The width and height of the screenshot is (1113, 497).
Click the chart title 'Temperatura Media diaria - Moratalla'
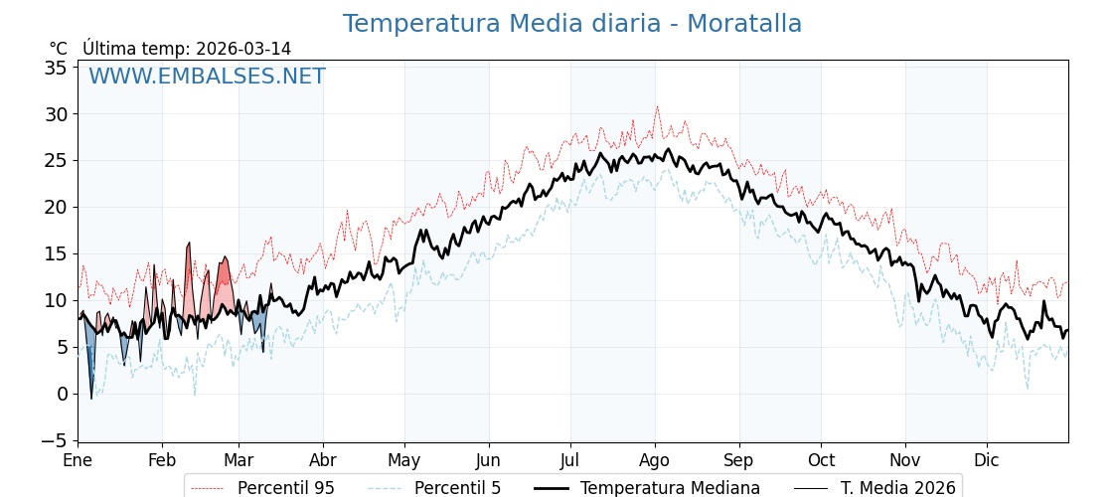[571, 24]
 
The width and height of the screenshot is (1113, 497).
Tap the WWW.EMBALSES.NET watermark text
[207, 77]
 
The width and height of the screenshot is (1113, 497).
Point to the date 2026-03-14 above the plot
[243, 49]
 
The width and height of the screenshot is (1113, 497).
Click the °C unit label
[58, 49]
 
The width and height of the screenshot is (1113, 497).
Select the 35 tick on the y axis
[56, 68]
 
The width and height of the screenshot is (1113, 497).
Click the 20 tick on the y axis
[56, 207]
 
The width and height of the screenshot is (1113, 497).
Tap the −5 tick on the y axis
[52, 440]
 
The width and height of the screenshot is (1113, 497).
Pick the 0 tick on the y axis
[62, 394]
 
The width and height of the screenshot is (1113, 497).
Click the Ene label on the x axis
[78, 460]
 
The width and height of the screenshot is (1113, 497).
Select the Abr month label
[323, 460]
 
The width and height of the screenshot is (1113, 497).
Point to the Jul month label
[570, 460]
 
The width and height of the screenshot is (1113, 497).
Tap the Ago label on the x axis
[655, 460]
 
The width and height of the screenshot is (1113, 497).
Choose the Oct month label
[821, 460]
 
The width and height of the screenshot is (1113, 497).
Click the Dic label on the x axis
[987, 460]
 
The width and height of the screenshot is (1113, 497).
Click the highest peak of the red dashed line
[656, 106]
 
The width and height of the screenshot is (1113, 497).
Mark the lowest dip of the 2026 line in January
[91, 399]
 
